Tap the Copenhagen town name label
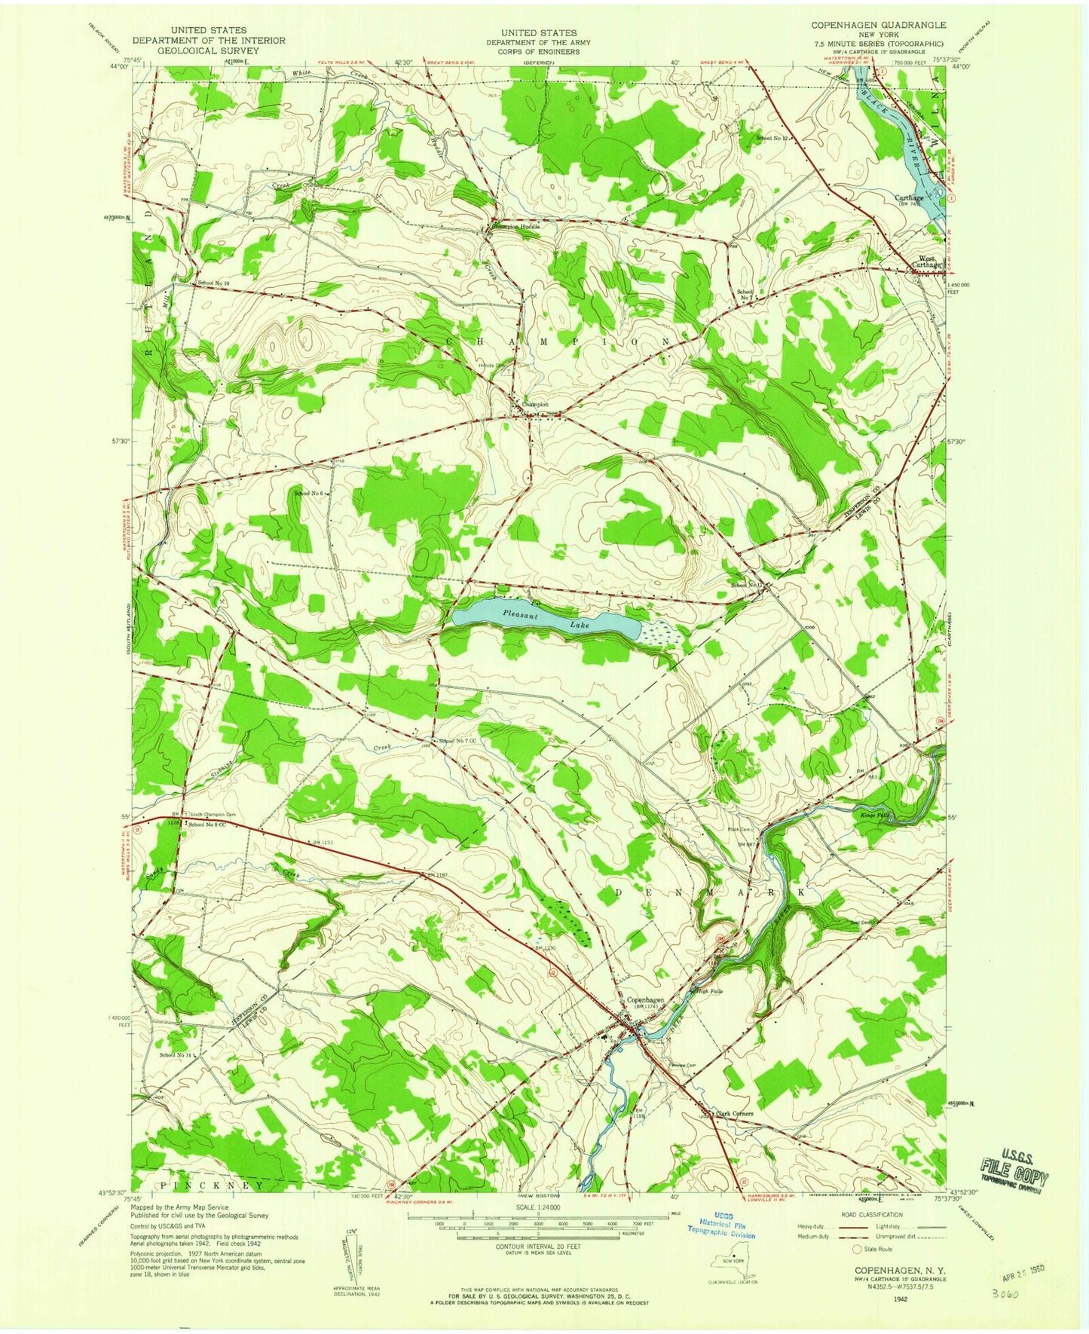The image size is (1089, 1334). [x=646, y=1002]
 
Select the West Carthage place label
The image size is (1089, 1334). [x=926, y=262]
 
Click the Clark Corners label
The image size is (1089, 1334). [x=734, y=1113]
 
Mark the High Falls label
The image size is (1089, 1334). [x=711, y=991]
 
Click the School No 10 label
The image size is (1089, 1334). [x=213, y=283]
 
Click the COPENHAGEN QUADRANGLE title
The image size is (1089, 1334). [x=878, y=25]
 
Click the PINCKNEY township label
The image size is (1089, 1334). [x=213, y=1185]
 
